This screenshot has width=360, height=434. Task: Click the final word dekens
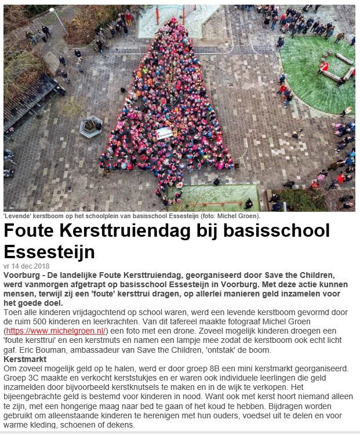(x=120, y=425)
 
